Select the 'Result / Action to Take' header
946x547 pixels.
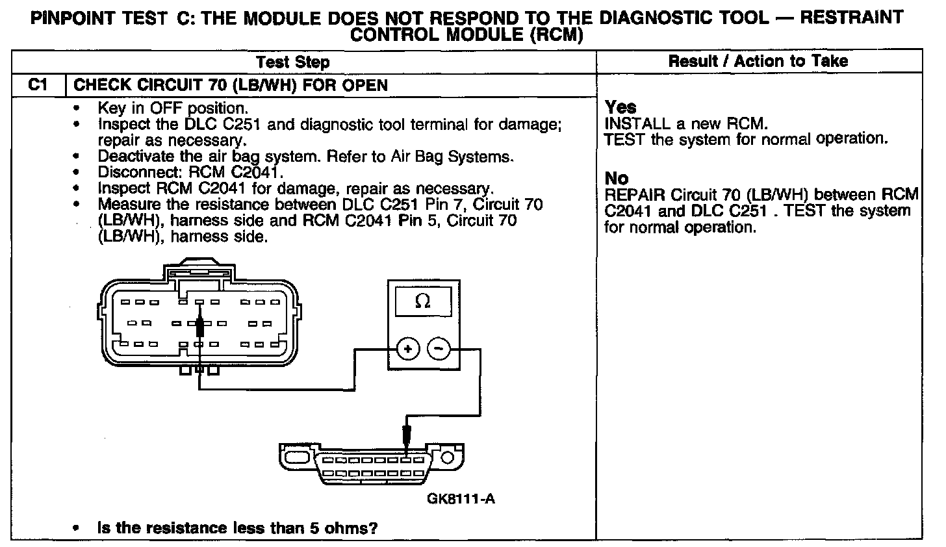point(758,61)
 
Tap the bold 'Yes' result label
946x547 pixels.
point(620,107)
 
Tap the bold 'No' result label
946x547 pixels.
point(617,178)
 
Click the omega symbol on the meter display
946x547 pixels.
point(422,301)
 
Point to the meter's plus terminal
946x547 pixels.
point(408,350)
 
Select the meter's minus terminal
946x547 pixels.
point(439,350)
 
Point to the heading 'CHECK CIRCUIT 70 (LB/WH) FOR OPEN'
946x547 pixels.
point(231,85)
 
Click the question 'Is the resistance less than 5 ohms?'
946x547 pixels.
point(237,528)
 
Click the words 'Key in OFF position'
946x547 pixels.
point(172,108)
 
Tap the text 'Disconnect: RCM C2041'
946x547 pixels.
point(190,173)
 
